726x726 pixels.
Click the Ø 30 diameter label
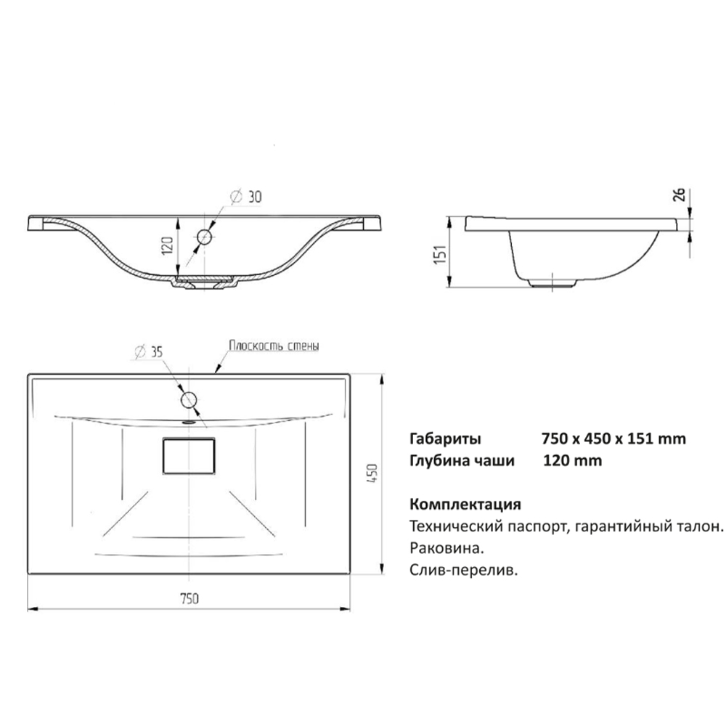click(x=246, y=196)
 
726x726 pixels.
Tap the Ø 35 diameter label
click(x=149, y=352)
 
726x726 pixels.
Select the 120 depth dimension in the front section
click(x=167, y=245)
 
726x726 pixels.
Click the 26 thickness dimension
click(x=679, y=195)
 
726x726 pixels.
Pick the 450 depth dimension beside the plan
click(x=372, y=473)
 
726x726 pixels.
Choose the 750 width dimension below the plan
click(x=189, y=599)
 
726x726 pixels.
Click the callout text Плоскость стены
click(x=274, y=346)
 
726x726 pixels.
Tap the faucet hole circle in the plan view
click(x=189, y=400)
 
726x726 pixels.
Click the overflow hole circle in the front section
click(x=204, y=237)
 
